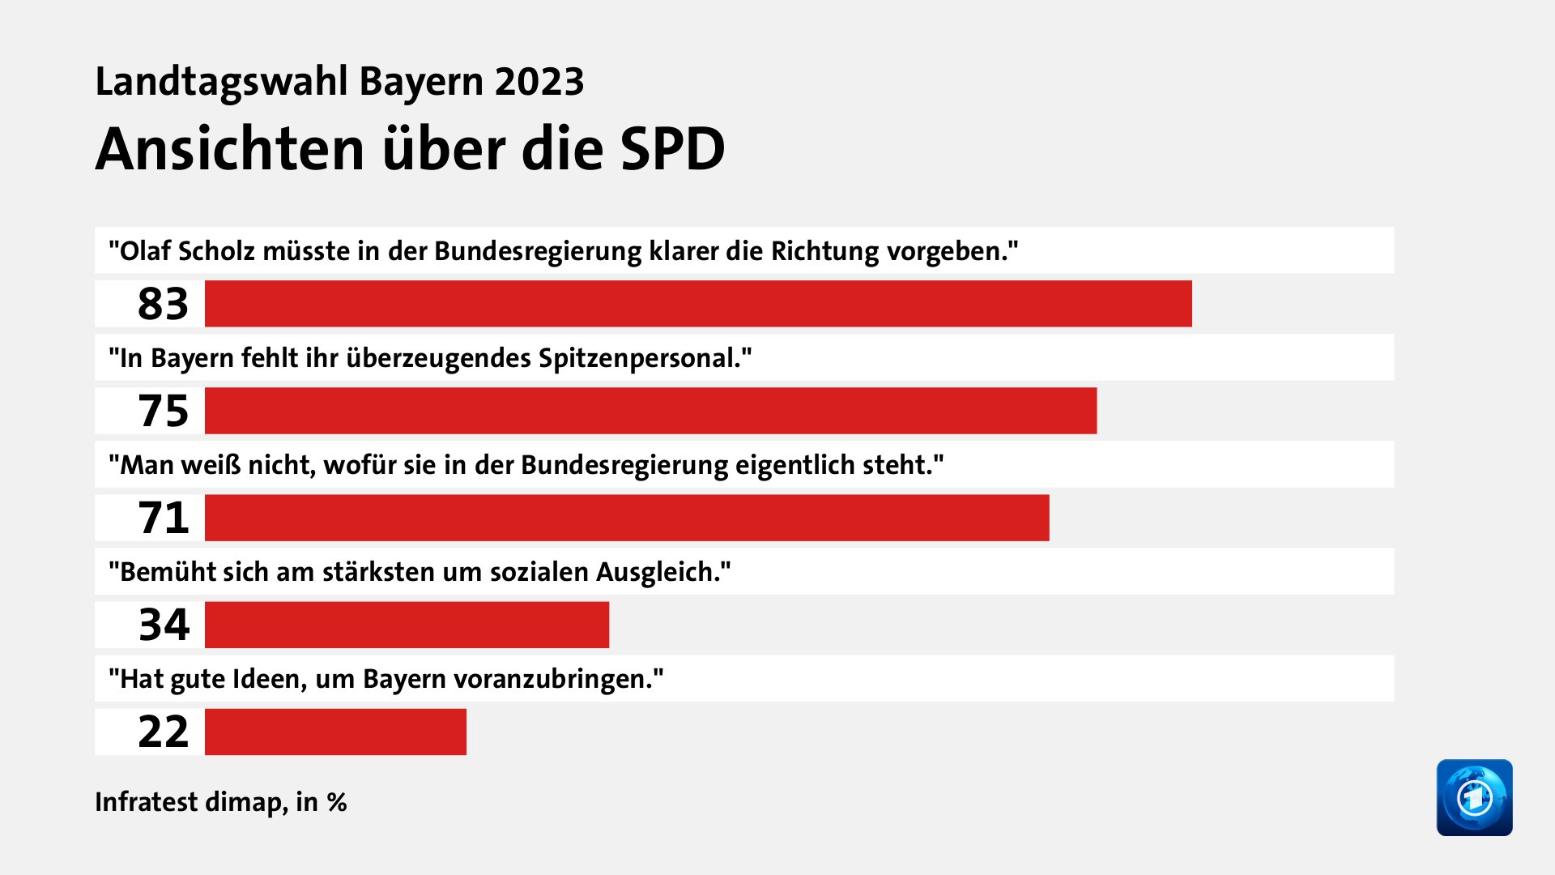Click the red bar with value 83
698,304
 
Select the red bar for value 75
650,411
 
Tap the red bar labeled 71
627,518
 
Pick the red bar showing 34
407,625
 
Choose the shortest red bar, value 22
335,732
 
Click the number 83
163,304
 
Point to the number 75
163,411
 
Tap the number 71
163,518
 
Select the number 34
164,625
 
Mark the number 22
163,732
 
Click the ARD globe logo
1474,797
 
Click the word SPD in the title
672,150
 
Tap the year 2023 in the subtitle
539,82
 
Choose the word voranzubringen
552,679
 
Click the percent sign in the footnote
337,803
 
